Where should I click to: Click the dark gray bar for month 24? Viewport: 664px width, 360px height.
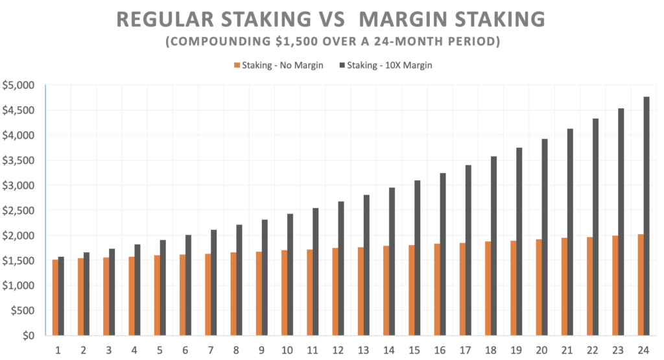pos(646,216)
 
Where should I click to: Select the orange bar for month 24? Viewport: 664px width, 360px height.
pos(641,285)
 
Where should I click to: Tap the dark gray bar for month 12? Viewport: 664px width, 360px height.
pos(341,269)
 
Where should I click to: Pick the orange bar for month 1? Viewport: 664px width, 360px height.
pos(56,297)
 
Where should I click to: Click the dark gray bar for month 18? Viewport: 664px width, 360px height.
pos(493,246)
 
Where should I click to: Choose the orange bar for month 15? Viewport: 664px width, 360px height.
pos(412,290)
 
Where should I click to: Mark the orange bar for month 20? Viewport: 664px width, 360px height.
pos(539,287)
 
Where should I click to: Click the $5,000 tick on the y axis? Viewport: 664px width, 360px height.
pos(18,86)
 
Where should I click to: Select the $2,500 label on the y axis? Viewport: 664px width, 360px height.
pos(18,211)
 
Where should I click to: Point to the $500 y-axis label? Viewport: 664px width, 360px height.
pos(23,311)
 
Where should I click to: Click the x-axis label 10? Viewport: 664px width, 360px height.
pos(287,350)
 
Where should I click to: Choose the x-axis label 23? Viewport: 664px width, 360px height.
pos(618,350)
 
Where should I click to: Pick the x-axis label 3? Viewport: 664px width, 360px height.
pos(109,350)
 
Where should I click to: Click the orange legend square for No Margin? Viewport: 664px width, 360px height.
pos(237,66)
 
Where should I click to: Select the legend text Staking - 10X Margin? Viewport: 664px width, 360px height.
pos(390,66)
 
